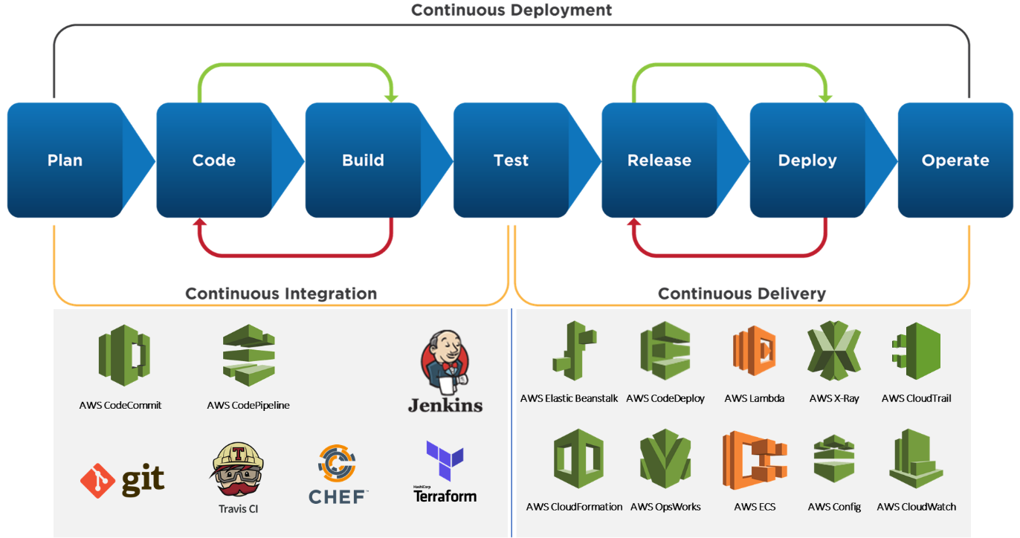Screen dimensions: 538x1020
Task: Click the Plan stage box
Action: tap(65, 160)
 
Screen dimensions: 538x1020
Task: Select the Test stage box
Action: tap(511, 160)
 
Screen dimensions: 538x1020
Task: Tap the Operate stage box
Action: tap(955, 160)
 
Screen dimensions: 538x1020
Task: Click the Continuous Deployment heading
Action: tap(511, 10)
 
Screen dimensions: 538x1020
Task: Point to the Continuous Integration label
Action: tap(281, 294)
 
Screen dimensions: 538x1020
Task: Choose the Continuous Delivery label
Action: tap(742, 294)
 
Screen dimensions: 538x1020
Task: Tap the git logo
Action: tap(123, 481)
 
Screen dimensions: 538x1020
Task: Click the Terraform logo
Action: tap(445, 471)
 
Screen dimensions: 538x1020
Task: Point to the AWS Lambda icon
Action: tap(754, 353)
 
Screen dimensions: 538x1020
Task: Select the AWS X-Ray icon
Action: tap(833, 351)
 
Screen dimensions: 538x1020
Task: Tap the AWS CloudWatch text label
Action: tap(916, 507)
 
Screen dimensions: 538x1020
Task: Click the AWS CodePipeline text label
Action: tap(248, 405)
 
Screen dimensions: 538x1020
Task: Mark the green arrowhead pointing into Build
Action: tap(393, 97)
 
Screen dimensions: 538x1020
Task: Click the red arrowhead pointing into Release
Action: tap(633, 223)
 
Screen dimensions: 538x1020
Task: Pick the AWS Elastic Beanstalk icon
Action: tap(574, 351)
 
